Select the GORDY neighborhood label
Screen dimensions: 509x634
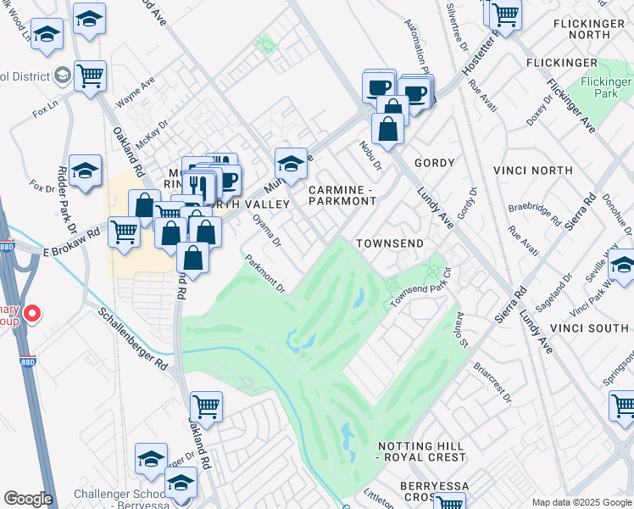click(434, 162)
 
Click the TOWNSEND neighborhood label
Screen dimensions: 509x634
click(389, 243)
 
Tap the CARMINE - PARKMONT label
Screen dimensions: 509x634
click(342, 196)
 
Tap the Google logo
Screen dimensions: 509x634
click(28, 499)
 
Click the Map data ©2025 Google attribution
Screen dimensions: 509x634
click(580, 502)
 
